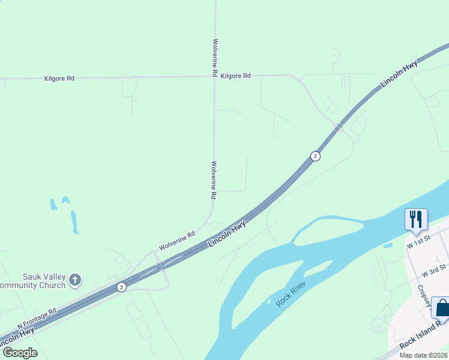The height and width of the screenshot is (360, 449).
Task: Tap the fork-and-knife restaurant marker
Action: pyautogui.click(x=416, y=219)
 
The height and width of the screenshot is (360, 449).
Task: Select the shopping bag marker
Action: pyautogui.click(x=442, y=308)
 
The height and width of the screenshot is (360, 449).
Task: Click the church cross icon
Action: pyautogui.click(x=75, y=279)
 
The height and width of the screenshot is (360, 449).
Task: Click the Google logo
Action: pyautogui.click(x=19, y=353)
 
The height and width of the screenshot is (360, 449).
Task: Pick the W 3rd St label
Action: pyautogui.click(x=435, y=270)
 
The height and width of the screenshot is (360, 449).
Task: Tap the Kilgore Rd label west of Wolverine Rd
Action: pyautogui.click(x=59, y=78)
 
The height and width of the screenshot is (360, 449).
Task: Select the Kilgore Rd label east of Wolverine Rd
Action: pyautogui.click(x=235, y=76)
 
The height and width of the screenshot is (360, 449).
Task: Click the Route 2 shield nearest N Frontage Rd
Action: pyautogui.click(x=122, y=287)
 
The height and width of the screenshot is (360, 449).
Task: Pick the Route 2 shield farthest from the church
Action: pyautogui.click(x=315, y=156)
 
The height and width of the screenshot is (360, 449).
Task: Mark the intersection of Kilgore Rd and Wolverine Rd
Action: pyautogui.click(x=214, y=76)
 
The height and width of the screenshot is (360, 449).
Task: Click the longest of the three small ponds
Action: pyautogui.click(x=74, y=222)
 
